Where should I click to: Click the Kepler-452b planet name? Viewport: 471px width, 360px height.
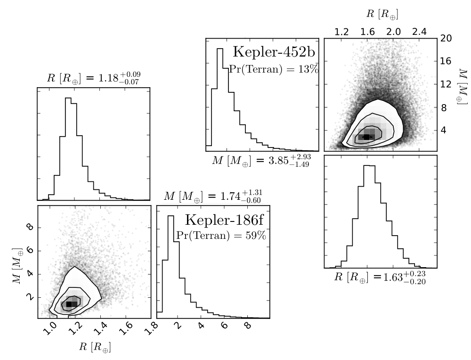[274, 52]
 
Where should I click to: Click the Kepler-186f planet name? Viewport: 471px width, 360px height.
[224, 220]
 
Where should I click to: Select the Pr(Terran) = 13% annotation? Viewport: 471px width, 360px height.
[274, 69]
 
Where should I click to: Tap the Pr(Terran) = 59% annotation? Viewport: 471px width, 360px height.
[221, 235]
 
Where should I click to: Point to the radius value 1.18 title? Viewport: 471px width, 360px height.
[94, 78]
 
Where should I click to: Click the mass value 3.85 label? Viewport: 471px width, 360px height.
[261, 160]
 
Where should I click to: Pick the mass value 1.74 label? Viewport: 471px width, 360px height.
[213, 196]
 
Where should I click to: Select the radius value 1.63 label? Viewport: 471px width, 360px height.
[380, 277]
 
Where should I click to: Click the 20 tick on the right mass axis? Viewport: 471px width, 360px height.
[446, 38]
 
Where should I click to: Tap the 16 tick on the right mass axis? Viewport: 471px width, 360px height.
[446, 61]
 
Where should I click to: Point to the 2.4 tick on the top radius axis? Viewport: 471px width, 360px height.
[419, 32]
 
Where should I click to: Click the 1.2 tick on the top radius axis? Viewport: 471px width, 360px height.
[341, 32]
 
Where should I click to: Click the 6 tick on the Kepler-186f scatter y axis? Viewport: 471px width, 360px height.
[30, 250]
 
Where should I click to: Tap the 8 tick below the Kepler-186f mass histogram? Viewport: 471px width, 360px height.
[248, 326]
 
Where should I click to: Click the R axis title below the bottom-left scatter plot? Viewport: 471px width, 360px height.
[95, 347]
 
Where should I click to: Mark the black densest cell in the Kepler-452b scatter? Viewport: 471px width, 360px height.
[366, 137]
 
